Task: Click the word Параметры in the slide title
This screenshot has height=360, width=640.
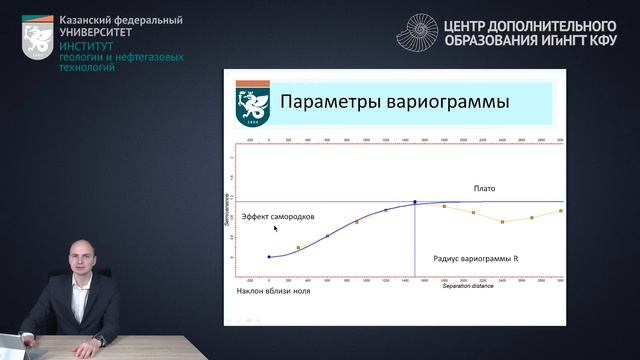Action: coord(321,102)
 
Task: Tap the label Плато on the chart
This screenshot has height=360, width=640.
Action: coord(484,188)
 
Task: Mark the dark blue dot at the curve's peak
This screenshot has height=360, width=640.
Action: coord(415,202)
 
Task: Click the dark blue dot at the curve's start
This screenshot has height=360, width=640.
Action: coord(269,257)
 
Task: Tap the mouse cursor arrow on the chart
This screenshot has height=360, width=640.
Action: coord(276,228)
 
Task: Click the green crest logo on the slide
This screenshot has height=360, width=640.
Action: coord(250,108)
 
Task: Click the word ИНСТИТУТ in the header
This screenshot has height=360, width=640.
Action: coord(86,46)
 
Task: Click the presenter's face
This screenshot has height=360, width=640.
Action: coord(79,262)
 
